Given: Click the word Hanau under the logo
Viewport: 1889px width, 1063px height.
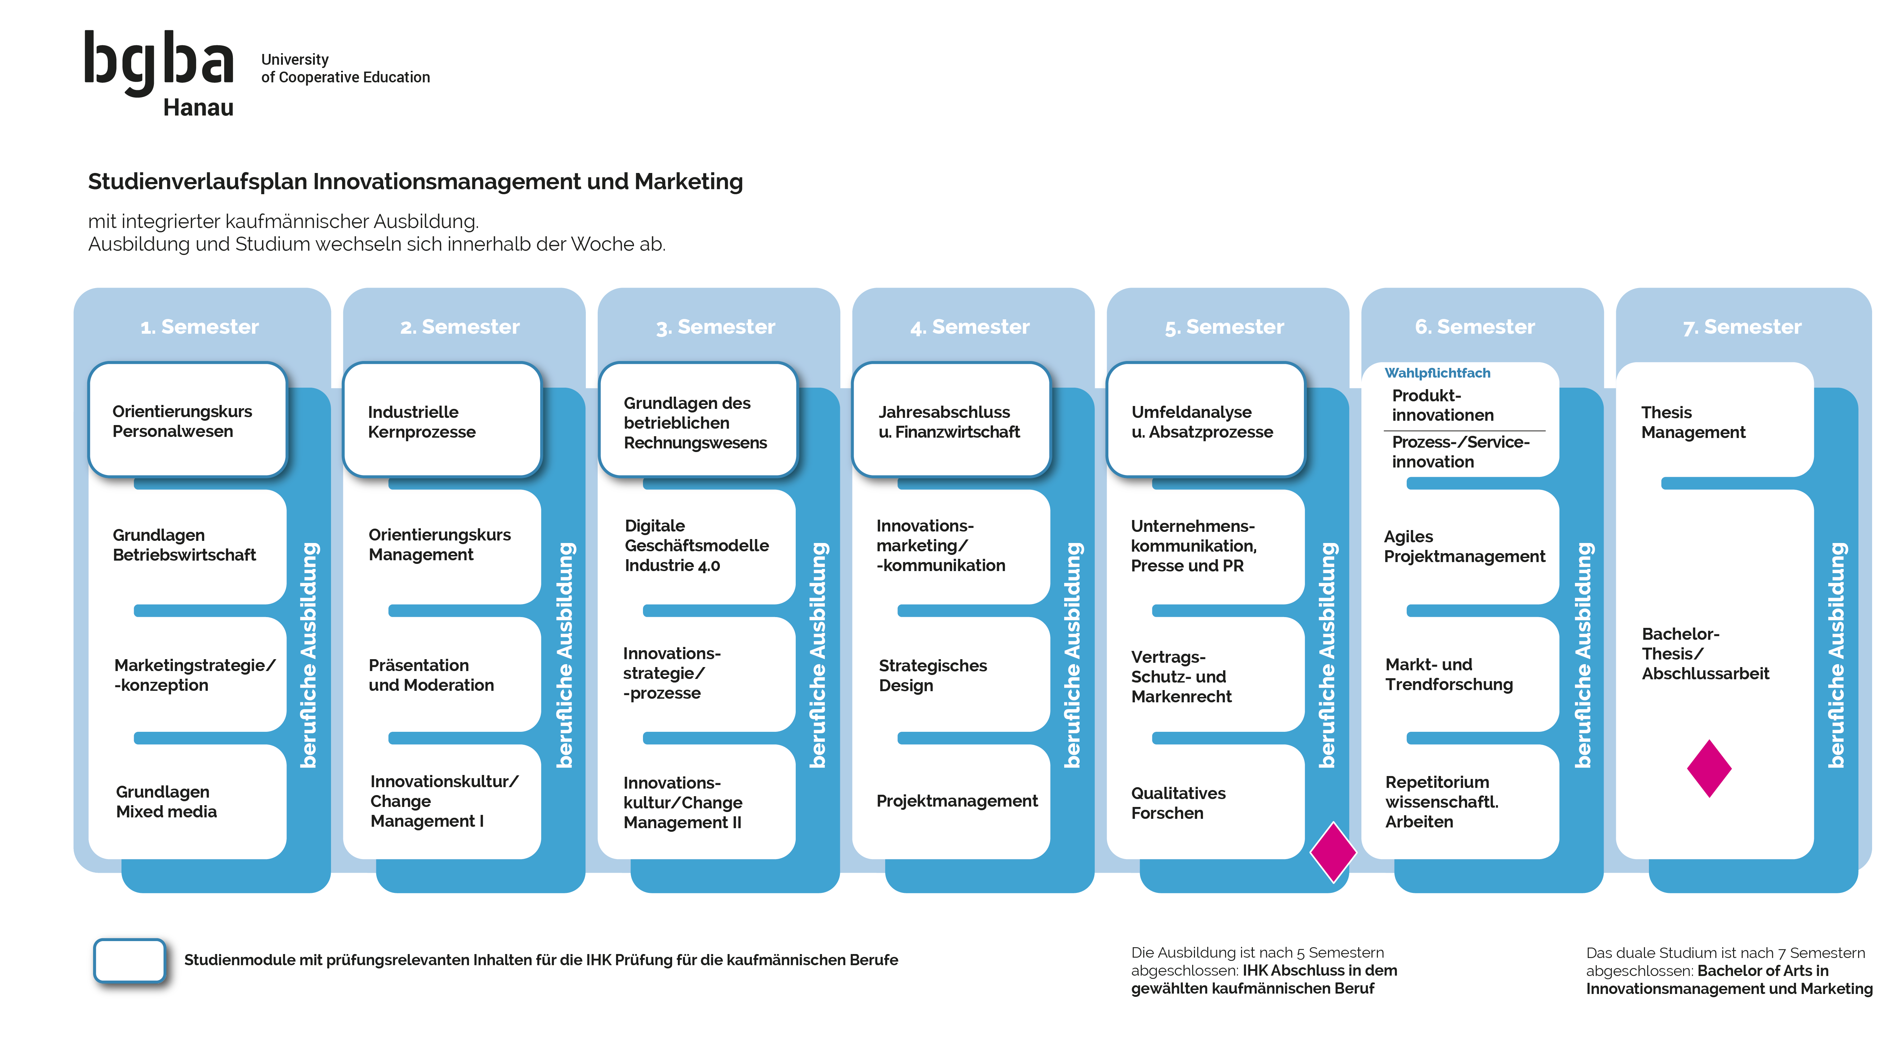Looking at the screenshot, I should pyautogui.click(x=198, y=108).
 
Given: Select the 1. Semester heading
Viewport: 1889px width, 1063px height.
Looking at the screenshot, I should pyautogui.click(x=199, y=327).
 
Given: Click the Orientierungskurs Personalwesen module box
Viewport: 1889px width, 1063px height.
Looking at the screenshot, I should pyautogui.click(x=187, y=421).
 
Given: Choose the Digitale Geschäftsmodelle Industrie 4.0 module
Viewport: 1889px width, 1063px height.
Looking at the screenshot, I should pyautogui.click(x=697, y=546).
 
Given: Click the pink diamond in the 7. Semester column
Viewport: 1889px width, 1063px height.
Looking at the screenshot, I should pyautogui.click(x=1709, y=768).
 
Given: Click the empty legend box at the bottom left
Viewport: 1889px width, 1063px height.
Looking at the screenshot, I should pyautogui.click(x=130, y=959).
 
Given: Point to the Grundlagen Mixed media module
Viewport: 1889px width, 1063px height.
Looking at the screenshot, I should pyautogui.click(x=187, y=802).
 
